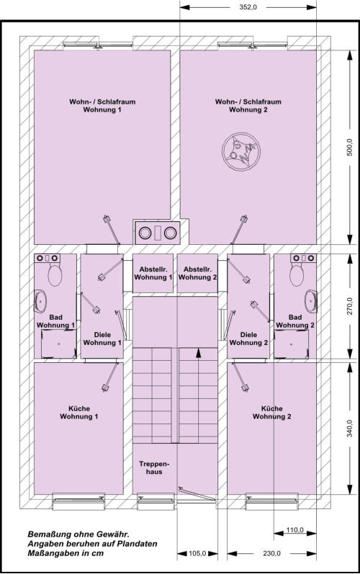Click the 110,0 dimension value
coord(295,529)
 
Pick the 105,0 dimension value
coord(197,553)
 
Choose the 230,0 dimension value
coord(272,553)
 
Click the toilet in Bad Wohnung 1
coord(55,275)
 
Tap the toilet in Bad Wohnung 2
coord(297,275)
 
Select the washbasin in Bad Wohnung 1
coord(40,301)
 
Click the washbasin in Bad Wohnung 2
coord(311,301)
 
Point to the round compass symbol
coord(241,151)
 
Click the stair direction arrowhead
coord(198,352)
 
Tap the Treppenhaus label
coord(154,468)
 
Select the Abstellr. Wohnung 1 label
coord(153,274)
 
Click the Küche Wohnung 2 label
coord(272,413)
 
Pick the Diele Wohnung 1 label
coord(102,338)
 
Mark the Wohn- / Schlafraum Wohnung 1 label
coord(102,105)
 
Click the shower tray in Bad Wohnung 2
coord(291,344)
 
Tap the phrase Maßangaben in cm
coord(66,553)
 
